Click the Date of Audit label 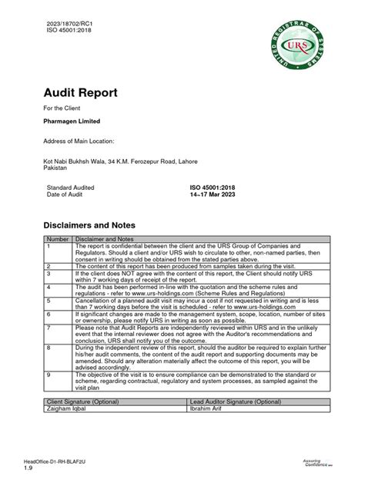point(69,195)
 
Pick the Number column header point(59,239)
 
